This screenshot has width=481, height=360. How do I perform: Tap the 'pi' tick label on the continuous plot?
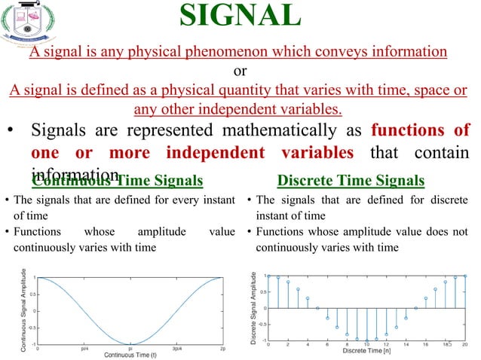point(130,349)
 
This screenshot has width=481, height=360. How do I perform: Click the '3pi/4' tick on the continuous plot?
point(176,349)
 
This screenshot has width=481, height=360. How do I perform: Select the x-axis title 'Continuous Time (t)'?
point(130,355)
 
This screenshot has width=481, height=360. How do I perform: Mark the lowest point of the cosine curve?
point(130,343)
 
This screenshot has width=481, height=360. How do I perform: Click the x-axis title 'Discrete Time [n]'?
point(366,351)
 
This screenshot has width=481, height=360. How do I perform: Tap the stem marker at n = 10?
point(367,340)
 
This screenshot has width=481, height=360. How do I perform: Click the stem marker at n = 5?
point(317,308)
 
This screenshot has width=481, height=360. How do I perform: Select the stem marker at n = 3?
point(298,289)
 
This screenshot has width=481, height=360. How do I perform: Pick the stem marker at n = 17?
point(436,289)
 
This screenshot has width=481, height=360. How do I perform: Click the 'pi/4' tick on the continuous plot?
point(84,349)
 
